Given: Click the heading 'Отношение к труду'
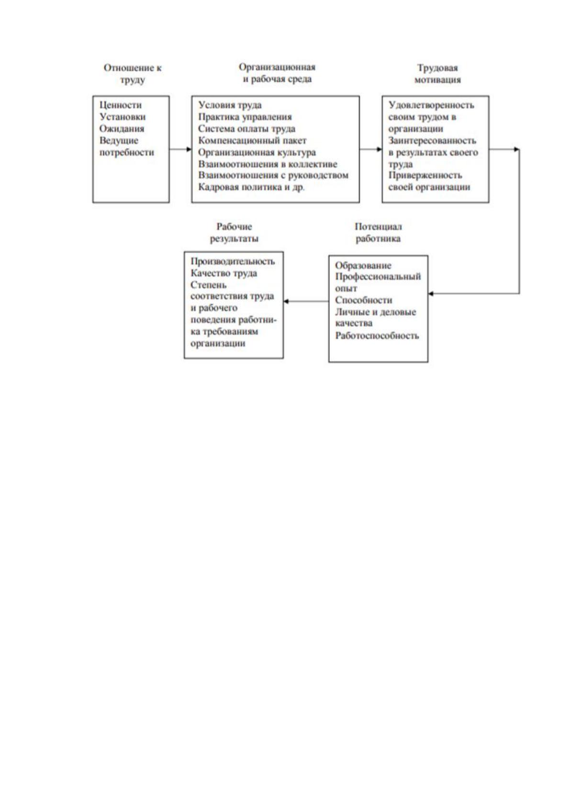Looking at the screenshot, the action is point(133,74).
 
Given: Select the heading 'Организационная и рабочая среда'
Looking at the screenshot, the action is point(277,73).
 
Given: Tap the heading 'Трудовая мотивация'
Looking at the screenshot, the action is point(437,74).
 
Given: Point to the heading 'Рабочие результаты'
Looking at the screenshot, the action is point(234,233).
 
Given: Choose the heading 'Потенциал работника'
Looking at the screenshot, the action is point(378,233).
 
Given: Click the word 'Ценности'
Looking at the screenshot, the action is point(121,105).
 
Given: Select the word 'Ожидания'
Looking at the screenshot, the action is point(122,128).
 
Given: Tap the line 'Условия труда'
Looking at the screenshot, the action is point(230,105).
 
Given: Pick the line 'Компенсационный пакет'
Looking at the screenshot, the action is point(252,140).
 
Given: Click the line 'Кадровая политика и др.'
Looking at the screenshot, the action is point(251,187).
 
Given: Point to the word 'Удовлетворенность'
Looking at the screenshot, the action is point(431,105).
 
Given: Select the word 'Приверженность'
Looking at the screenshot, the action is point(425,176).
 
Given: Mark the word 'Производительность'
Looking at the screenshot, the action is point(233,261).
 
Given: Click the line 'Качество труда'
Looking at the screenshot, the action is point(224,273).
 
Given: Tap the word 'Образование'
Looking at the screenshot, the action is point(363,266).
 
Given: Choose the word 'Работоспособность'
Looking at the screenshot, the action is point(377,336).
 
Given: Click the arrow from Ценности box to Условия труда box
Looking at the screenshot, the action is point(180,149).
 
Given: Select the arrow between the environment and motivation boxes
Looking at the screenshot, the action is point(370,149).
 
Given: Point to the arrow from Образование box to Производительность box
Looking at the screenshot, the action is point(306,301).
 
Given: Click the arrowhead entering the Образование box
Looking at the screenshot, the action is point(431,293).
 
